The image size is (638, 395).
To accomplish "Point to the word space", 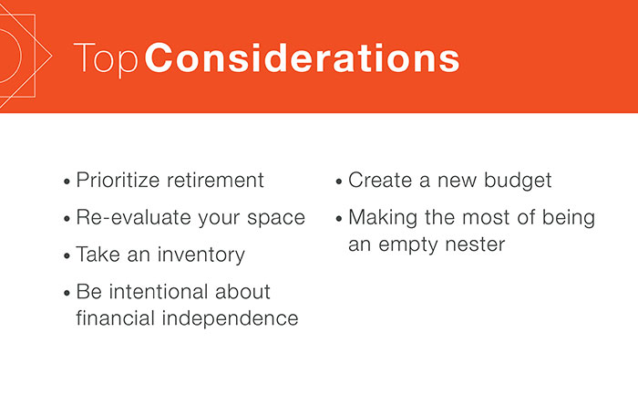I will pyautogui.click(x=275, y=218).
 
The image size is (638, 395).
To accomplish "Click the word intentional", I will pyautogui.click(x=161, y=293).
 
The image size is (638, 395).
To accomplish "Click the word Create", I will pyautogui.click(x=378, y=181).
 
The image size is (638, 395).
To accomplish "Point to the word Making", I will pyautogui.click(x=382, y=218).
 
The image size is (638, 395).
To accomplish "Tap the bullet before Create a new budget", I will pyautogui.click(x=339, y=182).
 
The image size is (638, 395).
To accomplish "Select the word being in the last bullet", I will pyautogui.click(x=569, y=218).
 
